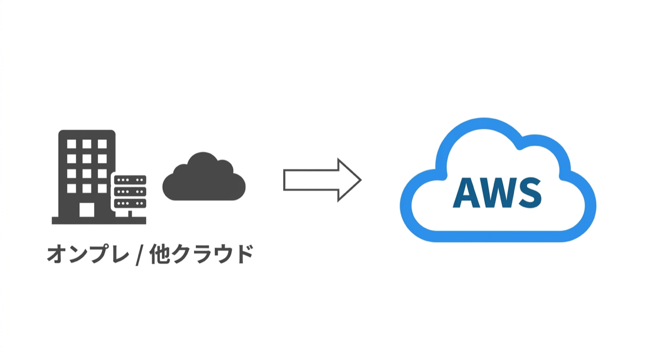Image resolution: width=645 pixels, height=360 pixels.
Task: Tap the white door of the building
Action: point(87,210)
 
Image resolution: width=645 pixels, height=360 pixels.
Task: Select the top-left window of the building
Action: point(72,144)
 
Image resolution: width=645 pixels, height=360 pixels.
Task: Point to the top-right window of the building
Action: point(102,144)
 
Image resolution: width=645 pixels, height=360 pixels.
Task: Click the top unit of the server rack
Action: point(130,180)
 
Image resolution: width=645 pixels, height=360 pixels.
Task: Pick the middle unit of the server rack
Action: point(130,192)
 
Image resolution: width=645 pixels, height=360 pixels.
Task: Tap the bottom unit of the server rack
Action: point(130,203)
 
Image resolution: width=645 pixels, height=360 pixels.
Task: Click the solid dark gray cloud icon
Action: point(204,177)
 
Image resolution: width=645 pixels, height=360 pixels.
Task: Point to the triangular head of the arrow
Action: point(349,180)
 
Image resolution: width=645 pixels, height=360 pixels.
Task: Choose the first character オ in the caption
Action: point(57,255)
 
